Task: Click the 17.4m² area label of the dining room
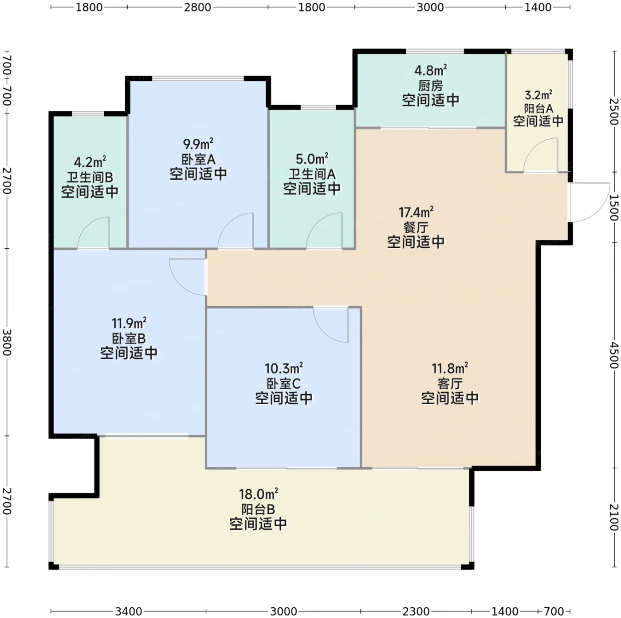pos(416,213)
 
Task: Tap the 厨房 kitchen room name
pos(431,86)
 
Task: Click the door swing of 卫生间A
pos(324,231)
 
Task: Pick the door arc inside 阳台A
pos(540,155)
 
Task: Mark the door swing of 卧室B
pos(188,277)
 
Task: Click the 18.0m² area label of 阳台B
pos(258,494)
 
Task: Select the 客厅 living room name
pos(450,384)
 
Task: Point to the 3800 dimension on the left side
pos(7,342)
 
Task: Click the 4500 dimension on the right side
pos(613,355)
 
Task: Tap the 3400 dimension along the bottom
pos(129,611)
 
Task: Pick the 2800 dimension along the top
pos(197,7)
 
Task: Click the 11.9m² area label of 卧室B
pos(129,323)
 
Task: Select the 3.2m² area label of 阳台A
pos(538,95)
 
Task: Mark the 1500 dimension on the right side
pos(613,207)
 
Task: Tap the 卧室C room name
pos(283,384)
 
